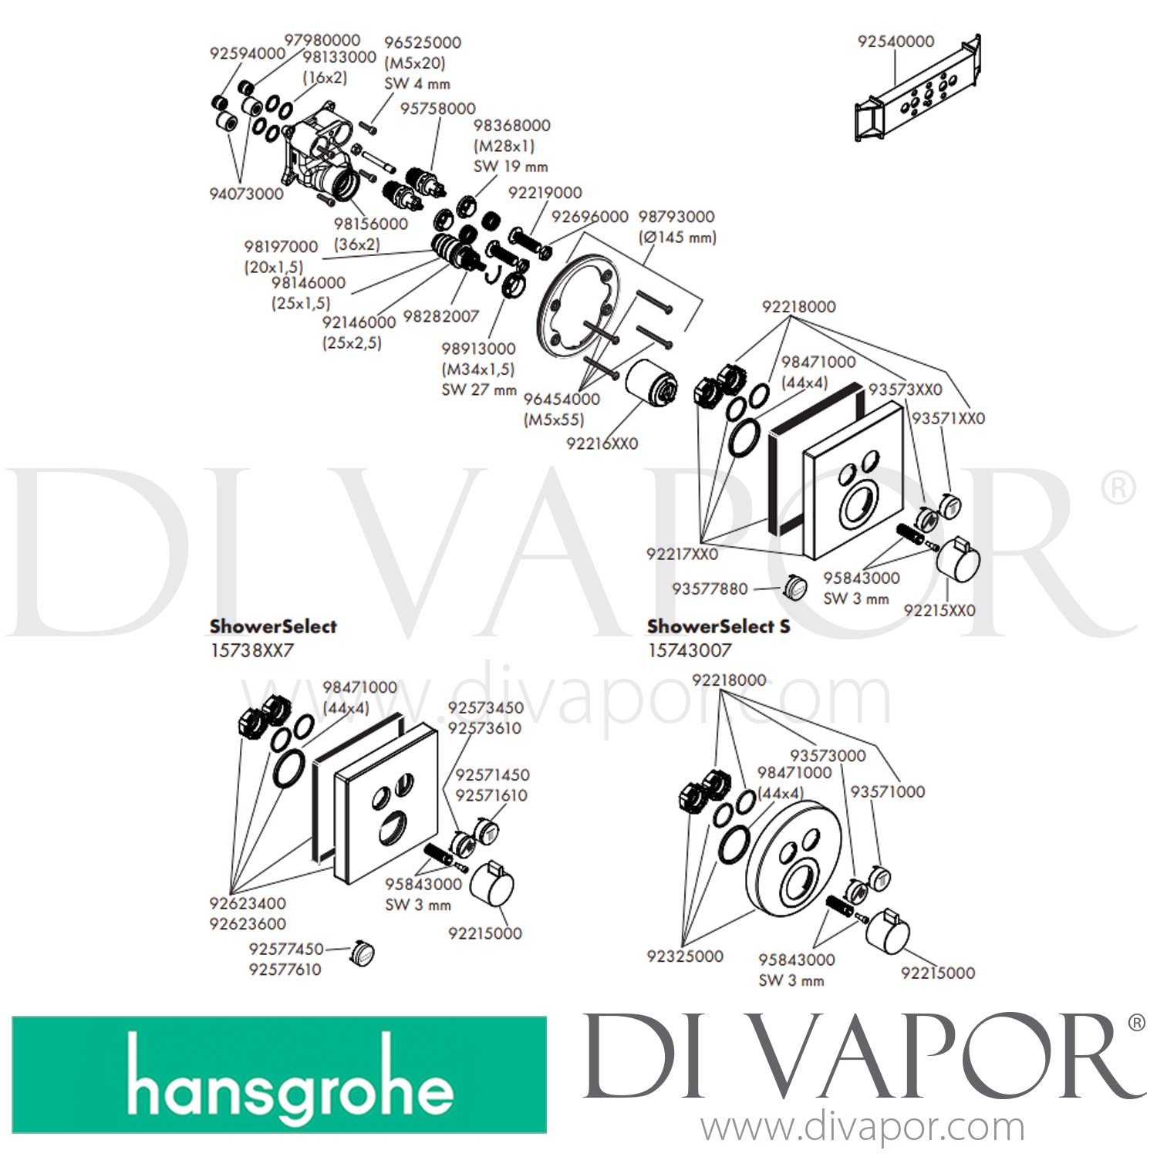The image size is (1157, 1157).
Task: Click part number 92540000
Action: point(896,41)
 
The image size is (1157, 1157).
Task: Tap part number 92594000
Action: point(248,53)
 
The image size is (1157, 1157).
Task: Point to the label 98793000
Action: point(676,217)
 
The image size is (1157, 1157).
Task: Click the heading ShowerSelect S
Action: point(719,626)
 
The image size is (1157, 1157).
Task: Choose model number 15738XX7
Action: point(251,650)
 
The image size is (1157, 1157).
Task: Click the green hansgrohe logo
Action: point(279,1074)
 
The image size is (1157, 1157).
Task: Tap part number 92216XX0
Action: point(602,444)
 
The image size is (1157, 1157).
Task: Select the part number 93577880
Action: point(710,589)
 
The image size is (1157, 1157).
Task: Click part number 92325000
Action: point(685,956)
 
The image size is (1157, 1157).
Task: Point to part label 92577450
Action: point(286,949)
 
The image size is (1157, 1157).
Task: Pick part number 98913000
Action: point(478,349)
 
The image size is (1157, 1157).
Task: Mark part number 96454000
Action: point(562,399)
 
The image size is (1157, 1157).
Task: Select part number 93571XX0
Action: point(948,418)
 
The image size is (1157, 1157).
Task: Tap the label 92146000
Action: point(359,322)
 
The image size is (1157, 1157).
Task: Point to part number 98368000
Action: point(511,125)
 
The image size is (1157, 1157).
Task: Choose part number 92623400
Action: point(248,903)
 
